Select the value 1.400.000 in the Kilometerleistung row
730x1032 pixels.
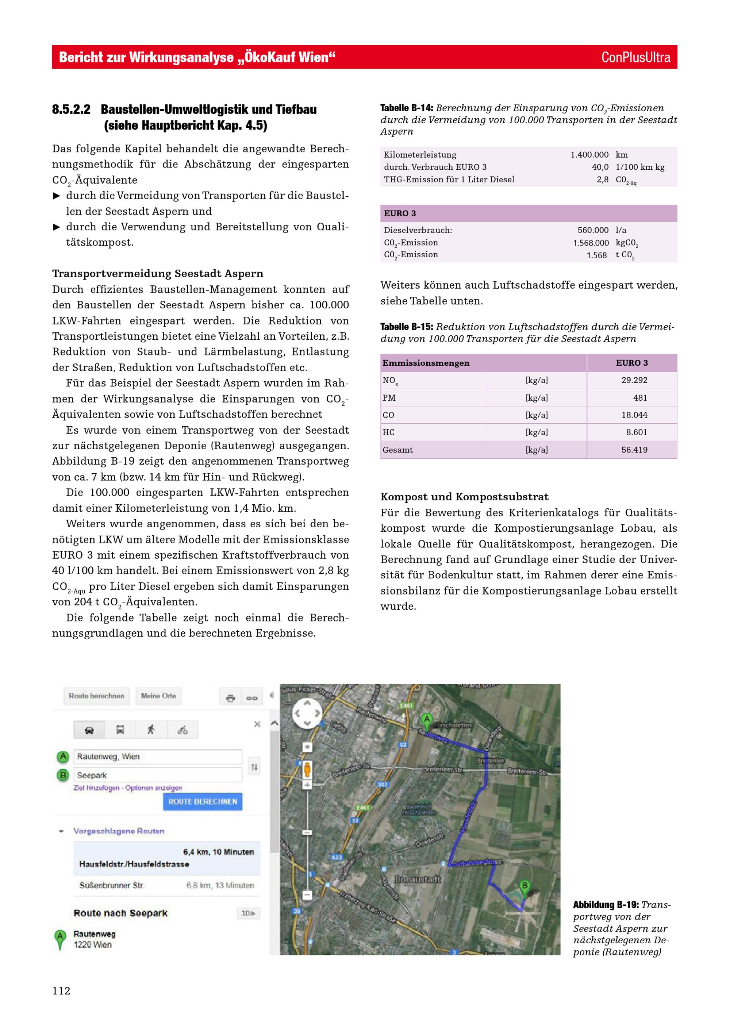(589, 155)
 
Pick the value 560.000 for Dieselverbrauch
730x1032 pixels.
(593, 230)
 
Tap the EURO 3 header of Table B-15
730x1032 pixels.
(631, 363)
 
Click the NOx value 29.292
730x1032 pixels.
(634, 380)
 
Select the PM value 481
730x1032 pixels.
(639, 398)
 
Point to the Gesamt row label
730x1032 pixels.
(397, 450)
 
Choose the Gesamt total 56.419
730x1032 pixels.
(634, 450)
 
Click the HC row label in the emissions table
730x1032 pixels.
(388, 432)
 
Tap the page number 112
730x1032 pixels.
(61, 991)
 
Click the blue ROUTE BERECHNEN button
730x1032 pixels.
(202, 802)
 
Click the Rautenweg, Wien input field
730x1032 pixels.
(157, 756)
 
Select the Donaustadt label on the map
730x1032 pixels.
(418, 879)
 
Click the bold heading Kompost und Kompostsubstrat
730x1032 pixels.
(464, 497)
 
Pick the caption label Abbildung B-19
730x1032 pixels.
(605, 905)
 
